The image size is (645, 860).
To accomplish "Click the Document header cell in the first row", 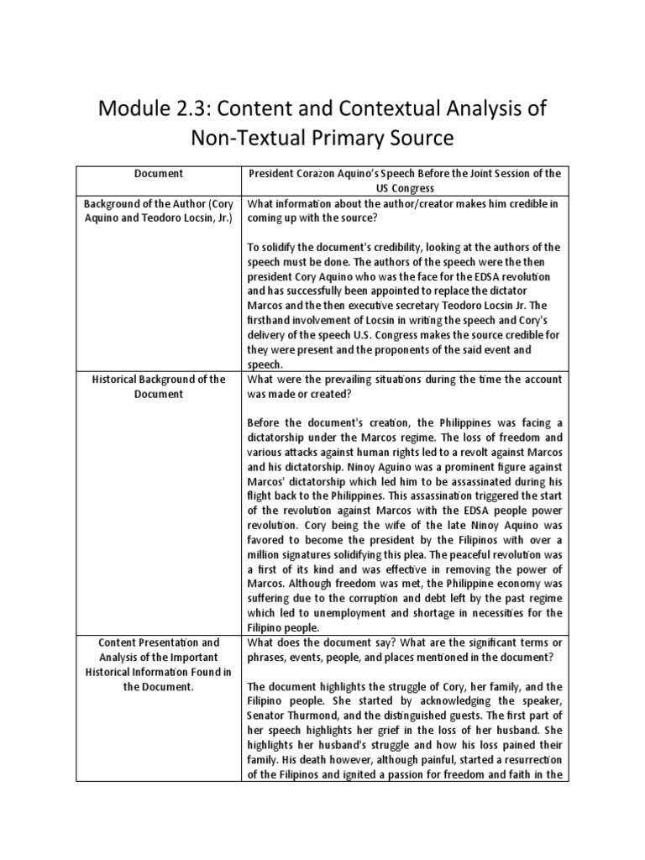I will tap(159, 173).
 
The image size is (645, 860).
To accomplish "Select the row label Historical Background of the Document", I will tap(159, 386).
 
